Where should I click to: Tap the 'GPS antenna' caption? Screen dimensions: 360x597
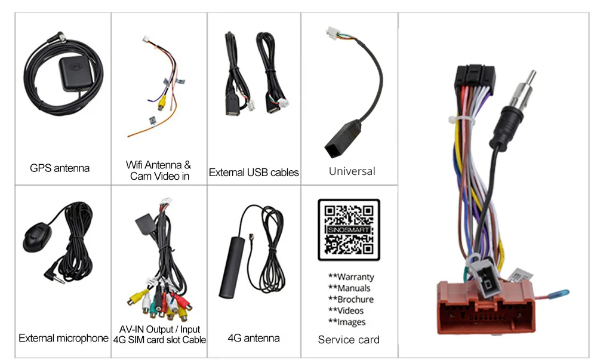click(60, 168)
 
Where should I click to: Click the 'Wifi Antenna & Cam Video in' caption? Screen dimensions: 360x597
click(159, 170)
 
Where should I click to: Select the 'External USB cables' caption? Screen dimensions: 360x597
click(254, 173)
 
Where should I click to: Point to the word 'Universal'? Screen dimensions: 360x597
click(352, 171)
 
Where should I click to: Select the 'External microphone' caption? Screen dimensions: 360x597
click(63, 339)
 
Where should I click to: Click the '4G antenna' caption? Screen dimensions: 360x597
click(254, 339)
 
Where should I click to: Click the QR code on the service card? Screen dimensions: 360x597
click(349, 230)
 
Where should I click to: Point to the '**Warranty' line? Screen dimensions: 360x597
click(351, 277)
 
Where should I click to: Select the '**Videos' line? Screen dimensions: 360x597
click(346, 311)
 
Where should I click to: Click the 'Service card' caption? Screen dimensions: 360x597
click(349, 340)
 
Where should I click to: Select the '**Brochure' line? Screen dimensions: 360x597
click(350, 300)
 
